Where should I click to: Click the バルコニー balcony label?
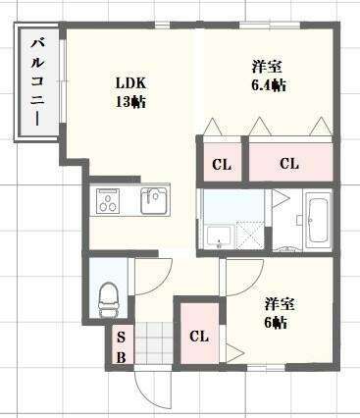click(x=36, y=82)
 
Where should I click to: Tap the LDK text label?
click(x=130, y=81)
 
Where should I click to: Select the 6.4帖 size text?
click(x=266, y=86)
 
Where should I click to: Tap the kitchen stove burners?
click(x=107, y=202)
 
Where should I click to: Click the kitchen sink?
click(x=154, y=201)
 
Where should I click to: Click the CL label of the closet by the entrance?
click(x=199, y=337)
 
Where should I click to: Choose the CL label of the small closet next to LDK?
click(x=223, y=164)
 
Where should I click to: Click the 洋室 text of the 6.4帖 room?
click(x=266, y=67)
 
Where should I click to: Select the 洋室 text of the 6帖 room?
click(x=275, y=304)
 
